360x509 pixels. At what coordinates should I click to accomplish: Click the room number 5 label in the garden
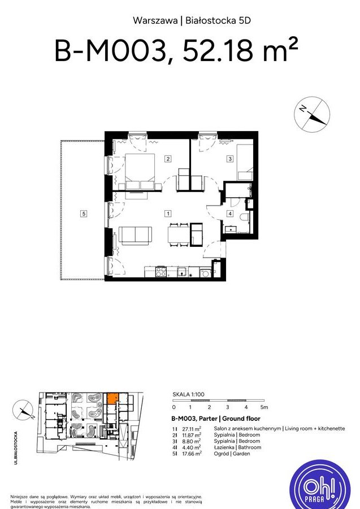click(83, 214)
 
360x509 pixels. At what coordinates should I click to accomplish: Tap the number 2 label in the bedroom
click(168, 159)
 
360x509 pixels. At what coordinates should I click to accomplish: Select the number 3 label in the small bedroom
click(230, 159)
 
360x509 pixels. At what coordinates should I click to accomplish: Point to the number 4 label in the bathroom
click(230, 214)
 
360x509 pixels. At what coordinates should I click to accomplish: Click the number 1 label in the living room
click(168, 214)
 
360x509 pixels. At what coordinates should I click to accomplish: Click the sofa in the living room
click(135, 235)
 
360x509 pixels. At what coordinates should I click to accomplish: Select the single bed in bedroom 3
click(244, 163)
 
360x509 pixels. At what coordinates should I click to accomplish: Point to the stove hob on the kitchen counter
click(160, 272)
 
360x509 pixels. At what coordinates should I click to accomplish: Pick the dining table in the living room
click(177, 234)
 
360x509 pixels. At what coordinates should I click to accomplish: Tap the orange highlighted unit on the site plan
click(112, 398)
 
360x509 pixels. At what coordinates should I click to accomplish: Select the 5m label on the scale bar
click(263, 407)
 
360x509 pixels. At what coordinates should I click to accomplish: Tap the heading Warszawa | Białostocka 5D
click(191, 20)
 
